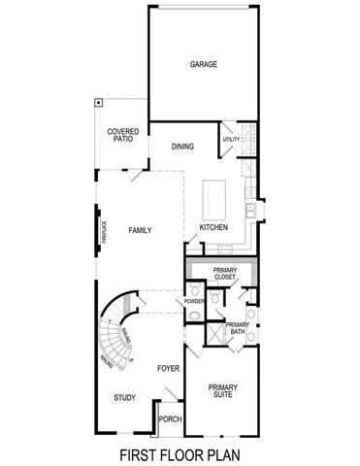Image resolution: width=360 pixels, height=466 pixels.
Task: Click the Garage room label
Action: [203, 65]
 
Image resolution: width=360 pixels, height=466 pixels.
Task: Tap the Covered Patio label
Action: [122, 135]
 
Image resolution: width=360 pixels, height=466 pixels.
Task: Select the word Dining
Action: [182, 147]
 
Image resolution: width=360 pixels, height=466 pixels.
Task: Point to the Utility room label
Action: [231, 140]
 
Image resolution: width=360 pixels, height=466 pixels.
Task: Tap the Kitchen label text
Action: [213, 227]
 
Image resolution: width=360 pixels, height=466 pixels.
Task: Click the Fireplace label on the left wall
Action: [104, 234]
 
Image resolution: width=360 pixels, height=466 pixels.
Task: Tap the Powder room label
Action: [193, 302]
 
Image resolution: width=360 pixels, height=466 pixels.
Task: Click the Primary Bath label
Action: [238, 328]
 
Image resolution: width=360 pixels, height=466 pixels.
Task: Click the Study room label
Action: [123, 397]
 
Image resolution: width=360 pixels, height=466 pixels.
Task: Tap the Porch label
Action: [171, 419]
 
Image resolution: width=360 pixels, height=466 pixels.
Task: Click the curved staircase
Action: [116, 335]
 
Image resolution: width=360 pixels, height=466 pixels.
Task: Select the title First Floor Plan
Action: [180, 452]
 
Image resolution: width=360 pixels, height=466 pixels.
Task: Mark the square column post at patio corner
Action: [98, 101]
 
